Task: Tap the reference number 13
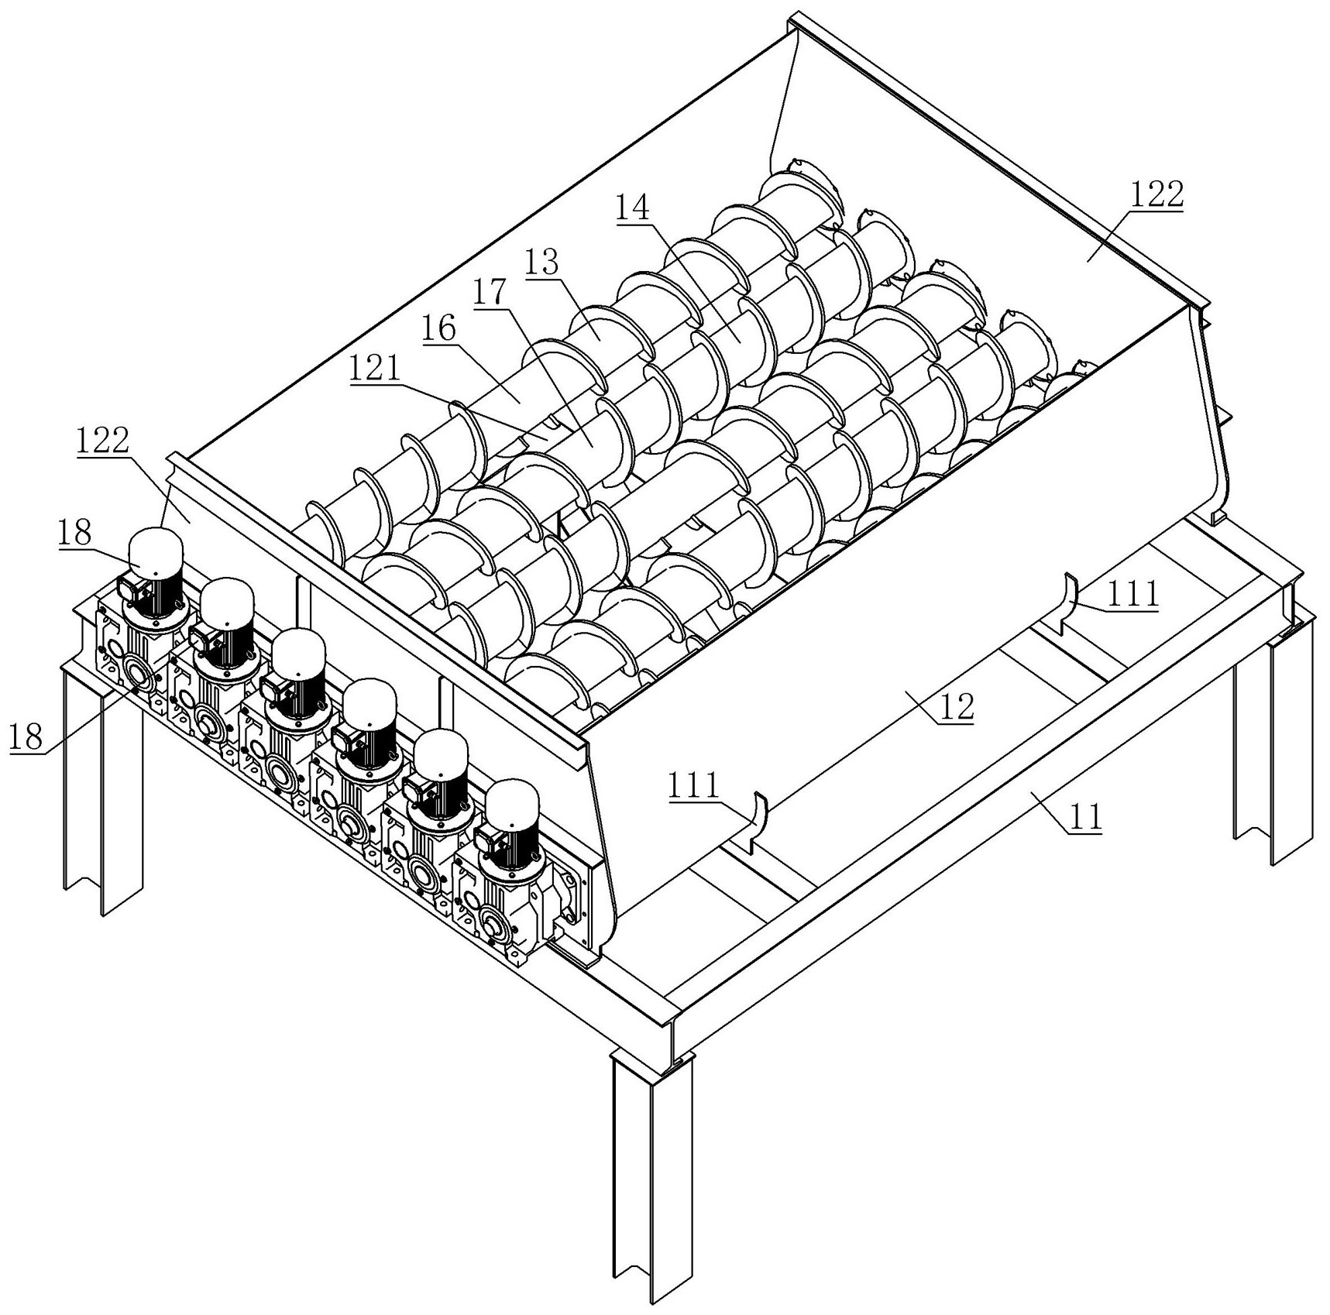541,263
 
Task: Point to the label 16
439,329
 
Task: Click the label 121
376,369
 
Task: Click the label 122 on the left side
103,441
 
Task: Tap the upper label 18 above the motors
74,534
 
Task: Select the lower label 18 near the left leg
26,736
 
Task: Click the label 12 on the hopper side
956,706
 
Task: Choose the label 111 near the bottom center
694,788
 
